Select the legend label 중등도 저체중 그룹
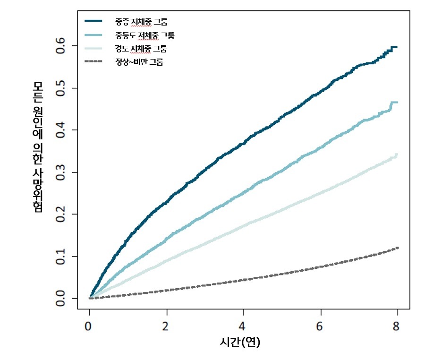coord(144,35)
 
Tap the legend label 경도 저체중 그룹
coord(141,49)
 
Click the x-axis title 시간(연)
coord(240,342)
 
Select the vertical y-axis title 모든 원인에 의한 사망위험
coord(38,146)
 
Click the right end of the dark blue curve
coord(397,47)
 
